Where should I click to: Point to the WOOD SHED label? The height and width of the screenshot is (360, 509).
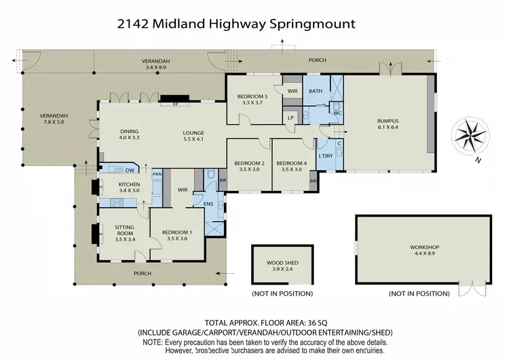click(x=282, y=265)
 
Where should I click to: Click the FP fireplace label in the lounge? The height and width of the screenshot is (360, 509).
click(x=165, y=105)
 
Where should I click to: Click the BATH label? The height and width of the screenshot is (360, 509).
click(x=316, y=90)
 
